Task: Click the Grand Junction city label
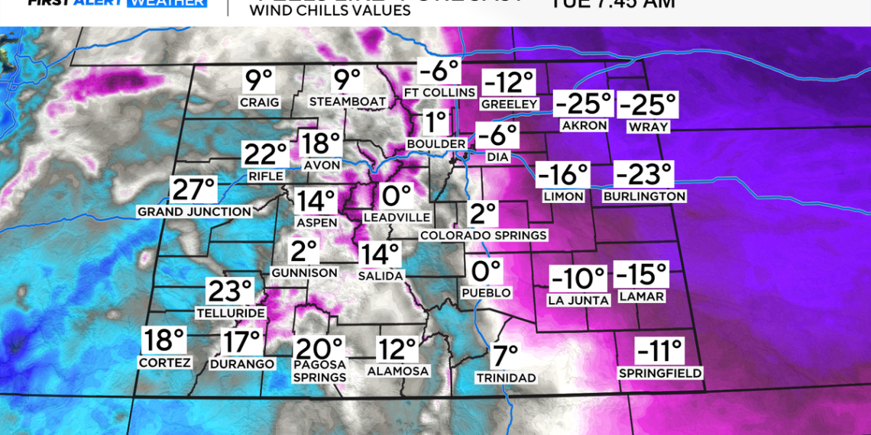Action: point(194,211)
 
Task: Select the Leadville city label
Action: point(397,217)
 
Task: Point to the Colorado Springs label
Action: point(483,236)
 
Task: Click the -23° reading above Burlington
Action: point(643,176)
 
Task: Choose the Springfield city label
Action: point(660,374)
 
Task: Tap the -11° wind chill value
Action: point(659,352)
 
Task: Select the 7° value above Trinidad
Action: point(505,356)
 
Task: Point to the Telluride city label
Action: point(231,313)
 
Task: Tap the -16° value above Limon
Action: point(563,176)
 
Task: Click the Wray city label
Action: point(647,126)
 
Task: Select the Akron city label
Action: point(584,126)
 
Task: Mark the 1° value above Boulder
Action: point(435,122)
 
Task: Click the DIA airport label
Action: point(497,157)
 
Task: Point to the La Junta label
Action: point(578,300)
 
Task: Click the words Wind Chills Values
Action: point(329,11)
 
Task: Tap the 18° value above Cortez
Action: point(164,340)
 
